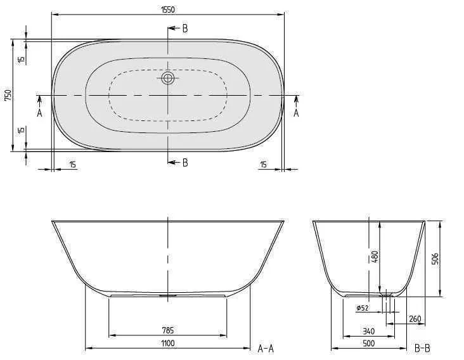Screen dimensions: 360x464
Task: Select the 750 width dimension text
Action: pos(8,95)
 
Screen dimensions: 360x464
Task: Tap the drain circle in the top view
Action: pos(168,78)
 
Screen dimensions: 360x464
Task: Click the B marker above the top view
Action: pos(184,29)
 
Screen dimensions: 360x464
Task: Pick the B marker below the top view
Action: pos(184,163)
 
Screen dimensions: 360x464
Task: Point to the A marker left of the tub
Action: pos(39,113)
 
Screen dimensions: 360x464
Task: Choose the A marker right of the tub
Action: pos(296,113)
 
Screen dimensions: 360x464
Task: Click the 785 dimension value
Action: pos(168,330)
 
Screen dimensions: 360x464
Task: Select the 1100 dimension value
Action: pos(168,343)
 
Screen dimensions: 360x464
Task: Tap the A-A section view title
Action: pos(266,348)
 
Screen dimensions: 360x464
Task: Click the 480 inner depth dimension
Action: pos(375,257)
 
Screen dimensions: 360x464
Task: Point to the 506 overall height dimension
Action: pos(435,258)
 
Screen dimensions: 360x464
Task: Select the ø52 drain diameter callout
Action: pos(362,308)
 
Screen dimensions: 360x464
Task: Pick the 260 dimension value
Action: pos(416,318)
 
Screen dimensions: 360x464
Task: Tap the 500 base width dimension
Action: pos(368,343)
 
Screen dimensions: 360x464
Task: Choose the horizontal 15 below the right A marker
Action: pos(264,165)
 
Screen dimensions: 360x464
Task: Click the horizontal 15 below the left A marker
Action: pos(72,165)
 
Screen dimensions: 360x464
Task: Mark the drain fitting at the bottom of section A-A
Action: pos(168,294)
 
